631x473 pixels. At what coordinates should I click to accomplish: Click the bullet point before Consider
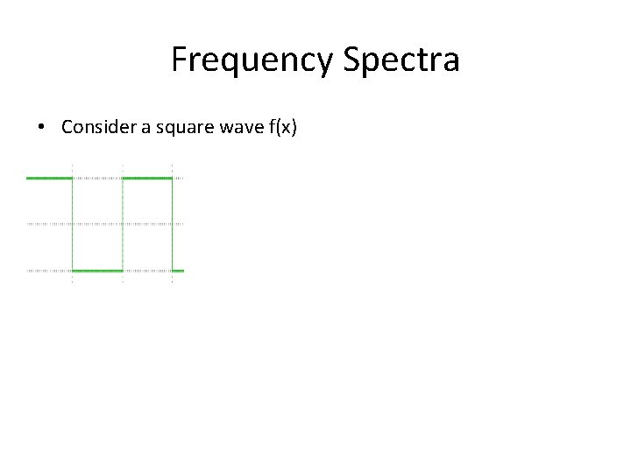42,128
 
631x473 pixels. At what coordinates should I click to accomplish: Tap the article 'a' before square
150,128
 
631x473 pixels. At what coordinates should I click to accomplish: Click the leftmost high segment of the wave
49,178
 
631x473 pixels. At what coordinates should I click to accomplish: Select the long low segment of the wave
97,271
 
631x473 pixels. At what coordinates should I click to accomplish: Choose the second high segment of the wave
147,178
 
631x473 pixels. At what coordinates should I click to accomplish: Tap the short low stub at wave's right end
178,271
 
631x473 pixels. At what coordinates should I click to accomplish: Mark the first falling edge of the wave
72,224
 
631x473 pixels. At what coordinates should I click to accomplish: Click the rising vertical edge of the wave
123,224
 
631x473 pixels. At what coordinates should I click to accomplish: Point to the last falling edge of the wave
172,224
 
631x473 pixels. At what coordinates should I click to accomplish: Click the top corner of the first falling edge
72,178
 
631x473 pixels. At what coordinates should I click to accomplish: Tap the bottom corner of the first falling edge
72,271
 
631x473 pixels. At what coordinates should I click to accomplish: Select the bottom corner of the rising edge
123,271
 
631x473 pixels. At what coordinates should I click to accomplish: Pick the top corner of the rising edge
123,178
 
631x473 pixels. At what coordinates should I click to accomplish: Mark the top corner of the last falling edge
172,178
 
